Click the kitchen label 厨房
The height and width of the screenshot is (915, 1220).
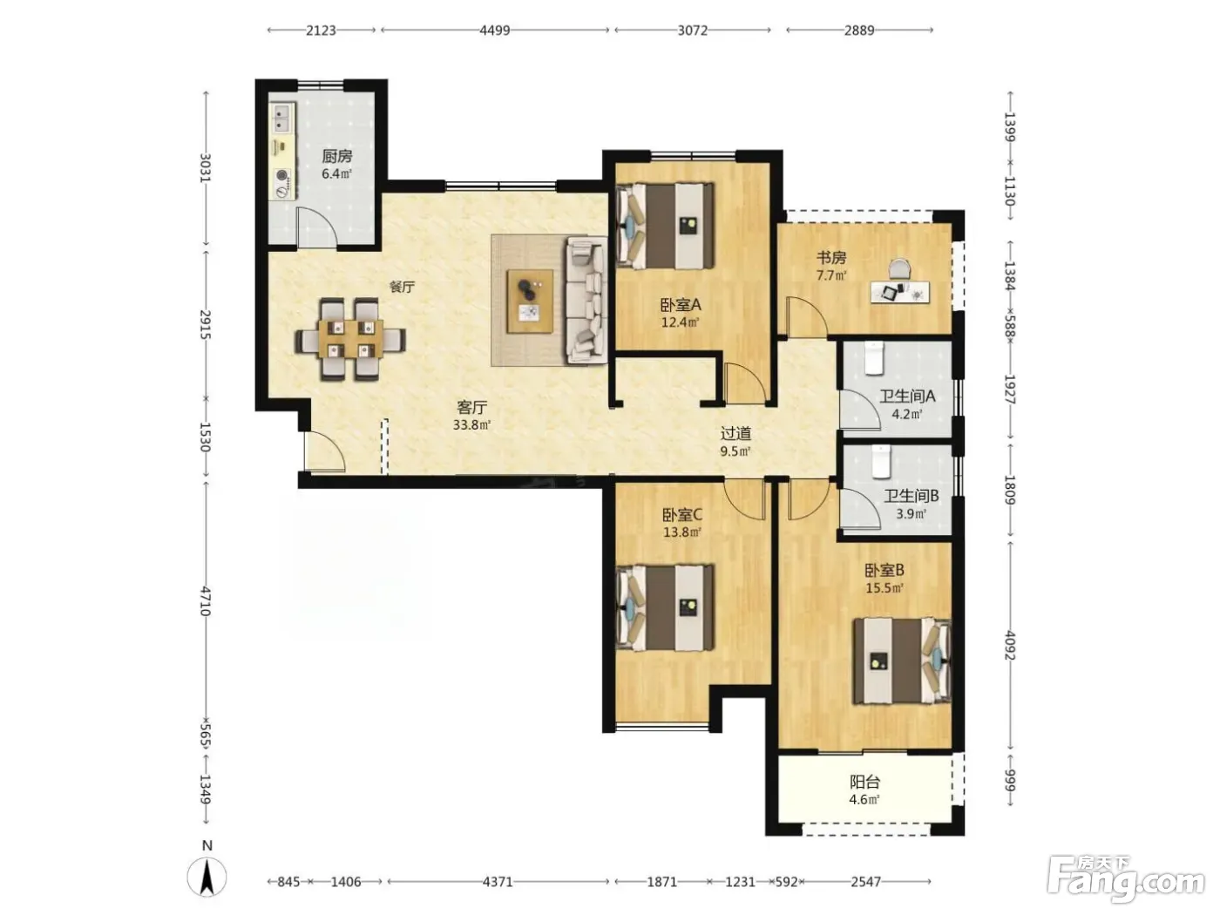(337, 156)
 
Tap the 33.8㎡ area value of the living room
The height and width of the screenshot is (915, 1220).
(471, 425)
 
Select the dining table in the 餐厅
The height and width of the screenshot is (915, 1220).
(350, 340)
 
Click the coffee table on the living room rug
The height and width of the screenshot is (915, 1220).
(530, 302)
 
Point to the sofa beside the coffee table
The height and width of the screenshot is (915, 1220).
(586, 301)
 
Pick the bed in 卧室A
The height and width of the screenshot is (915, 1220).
(665, 226)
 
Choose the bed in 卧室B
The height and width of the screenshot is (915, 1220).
(902, 661)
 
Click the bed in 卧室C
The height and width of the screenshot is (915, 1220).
(665, 607)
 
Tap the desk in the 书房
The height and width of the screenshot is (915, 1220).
(900, 291)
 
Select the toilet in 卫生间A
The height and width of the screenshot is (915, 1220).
(874, 358)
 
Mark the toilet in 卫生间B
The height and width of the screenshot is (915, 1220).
(882, 461)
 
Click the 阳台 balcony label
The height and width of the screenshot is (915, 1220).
(864, 783)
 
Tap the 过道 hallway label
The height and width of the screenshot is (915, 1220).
(735, 433)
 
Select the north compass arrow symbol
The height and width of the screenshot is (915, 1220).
(207, 878)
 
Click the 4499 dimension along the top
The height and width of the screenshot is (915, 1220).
(495, 30)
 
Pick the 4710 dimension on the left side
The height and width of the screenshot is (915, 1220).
(205, 601)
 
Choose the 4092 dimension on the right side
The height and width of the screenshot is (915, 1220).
(1010, 646)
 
